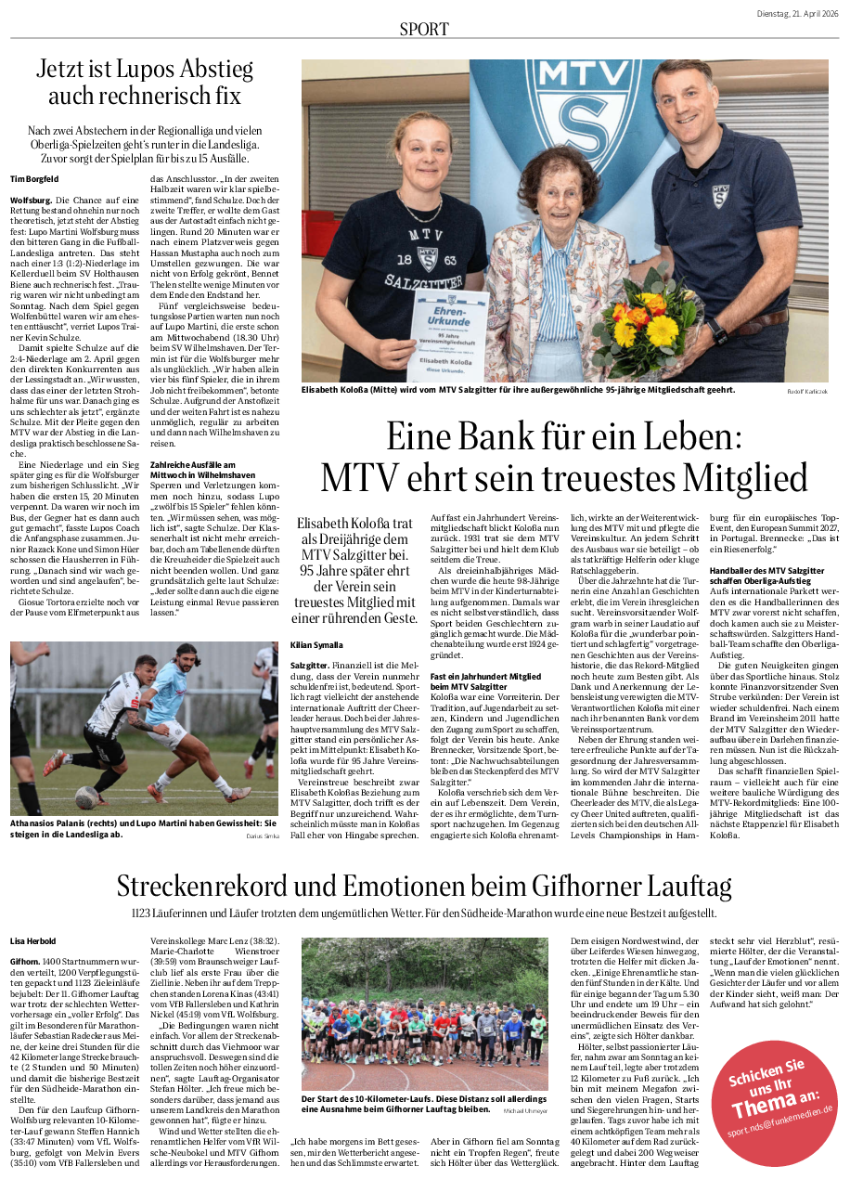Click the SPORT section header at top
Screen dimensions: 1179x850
pyautogui.click(x=424, y=29)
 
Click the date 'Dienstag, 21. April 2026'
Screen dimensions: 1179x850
pyautogui.click(x=797, y=12)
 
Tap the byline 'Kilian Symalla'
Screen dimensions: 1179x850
pyautogui.click(x=316, y=644)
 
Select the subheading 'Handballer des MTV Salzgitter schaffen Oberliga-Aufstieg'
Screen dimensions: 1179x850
pyautogui.click(x=766, y=576)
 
